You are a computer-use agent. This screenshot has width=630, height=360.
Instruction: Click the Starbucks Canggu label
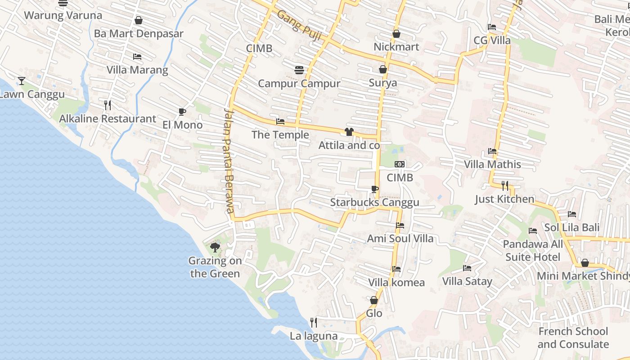(x=374, y=202)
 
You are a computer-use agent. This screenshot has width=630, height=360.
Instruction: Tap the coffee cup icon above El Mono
(x=182, y=112)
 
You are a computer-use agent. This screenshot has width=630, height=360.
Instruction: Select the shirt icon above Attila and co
(x=349, y=132)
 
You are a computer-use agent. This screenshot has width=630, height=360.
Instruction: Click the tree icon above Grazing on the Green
(x=215, y=247)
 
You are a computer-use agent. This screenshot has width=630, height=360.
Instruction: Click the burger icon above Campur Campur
(x=299, y=70)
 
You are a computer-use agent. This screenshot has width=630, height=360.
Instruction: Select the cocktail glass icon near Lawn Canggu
(x=21, y=81)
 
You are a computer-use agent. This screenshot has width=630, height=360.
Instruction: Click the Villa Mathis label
(x=492, y=164)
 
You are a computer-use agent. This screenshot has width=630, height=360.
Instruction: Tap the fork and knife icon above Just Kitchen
(x=504, y=185)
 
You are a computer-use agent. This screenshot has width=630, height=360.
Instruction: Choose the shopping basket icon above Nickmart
(x=396, y=34)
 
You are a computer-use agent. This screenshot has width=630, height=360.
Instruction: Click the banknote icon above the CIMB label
(x=400, y=164)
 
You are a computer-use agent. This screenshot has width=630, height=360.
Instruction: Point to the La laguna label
(x=314, y=336)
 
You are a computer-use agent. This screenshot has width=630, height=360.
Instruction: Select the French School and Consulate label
(x=573, y=338)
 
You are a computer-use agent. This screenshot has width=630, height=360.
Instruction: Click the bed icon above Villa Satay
(x=467, y=268)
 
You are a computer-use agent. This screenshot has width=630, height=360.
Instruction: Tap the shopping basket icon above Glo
(x=374, y=300)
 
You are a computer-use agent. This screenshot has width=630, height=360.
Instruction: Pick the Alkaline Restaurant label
(x=108, y=119)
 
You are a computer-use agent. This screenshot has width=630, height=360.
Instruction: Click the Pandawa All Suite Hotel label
(x=533, y=251)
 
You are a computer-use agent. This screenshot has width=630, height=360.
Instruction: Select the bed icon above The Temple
(x=280, y=121)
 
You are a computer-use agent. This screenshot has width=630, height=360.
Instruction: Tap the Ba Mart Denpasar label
(x=139, y=34)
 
